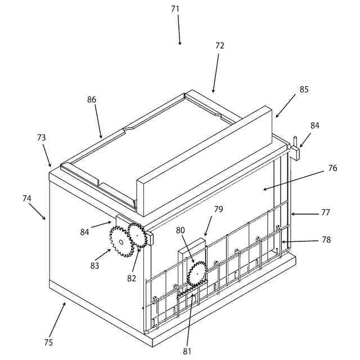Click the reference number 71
pyautogui.click(x=175, y=9)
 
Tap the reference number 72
pyautogui.click(x=220, y=46)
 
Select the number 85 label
pyautogui.click(x=304, y=89)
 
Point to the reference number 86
pyautogui.click(x=92, y=100)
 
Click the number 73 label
pyautogui.click(x=42, y=137)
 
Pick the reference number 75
pyautogui.click(x=48, y=342)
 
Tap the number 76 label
pyautogui.click(x=333, y=168)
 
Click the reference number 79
pyautogui.click(x=218, y=209)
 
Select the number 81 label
pyautogui.click(x=187, y=352)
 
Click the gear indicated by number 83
pyautogui.click(x=120, y=241)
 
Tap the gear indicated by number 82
pyautogui.click(x=137, y=232)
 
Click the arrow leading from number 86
pyautogui.click(x=98, y=121)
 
